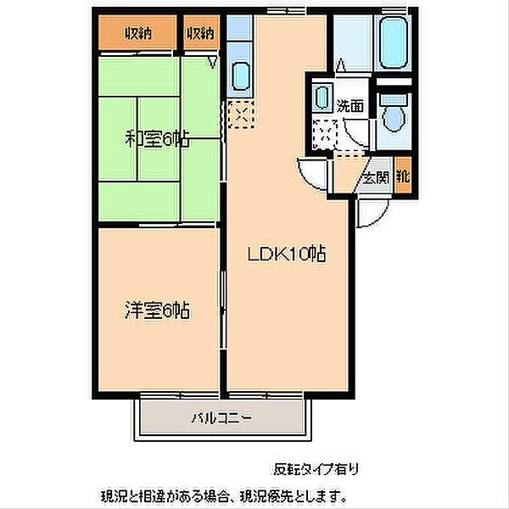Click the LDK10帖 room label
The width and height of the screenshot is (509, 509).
(287, 254)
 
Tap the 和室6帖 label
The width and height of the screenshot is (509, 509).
(157, 139)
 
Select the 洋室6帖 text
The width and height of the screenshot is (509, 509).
(157, 310)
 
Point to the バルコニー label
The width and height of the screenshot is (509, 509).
(221, 417)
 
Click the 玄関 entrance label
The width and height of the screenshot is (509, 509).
(376, 177)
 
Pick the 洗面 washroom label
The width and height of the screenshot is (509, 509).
(350, 105)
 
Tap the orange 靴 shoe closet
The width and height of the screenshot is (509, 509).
(402, 176)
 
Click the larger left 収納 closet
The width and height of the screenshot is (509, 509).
(137, 32)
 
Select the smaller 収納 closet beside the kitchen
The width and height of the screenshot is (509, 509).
(201, 32)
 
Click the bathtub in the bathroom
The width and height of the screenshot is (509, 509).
(394, 42)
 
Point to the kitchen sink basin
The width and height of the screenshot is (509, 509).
(241, 76)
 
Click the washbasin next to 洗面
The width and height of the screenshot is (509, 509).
(322, 97)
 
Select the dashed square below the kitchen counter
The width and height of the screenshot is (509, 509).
(241, 114)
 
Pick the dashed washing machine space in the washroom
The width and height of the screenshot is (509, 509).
(325, 134)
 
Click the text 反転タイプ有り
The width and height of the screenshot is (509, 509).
(316, 469)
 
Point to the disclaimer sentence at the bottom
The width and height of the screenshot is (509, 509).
(223, 495)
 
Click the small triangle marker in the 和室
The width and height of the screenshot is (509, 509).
(213, 62)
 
